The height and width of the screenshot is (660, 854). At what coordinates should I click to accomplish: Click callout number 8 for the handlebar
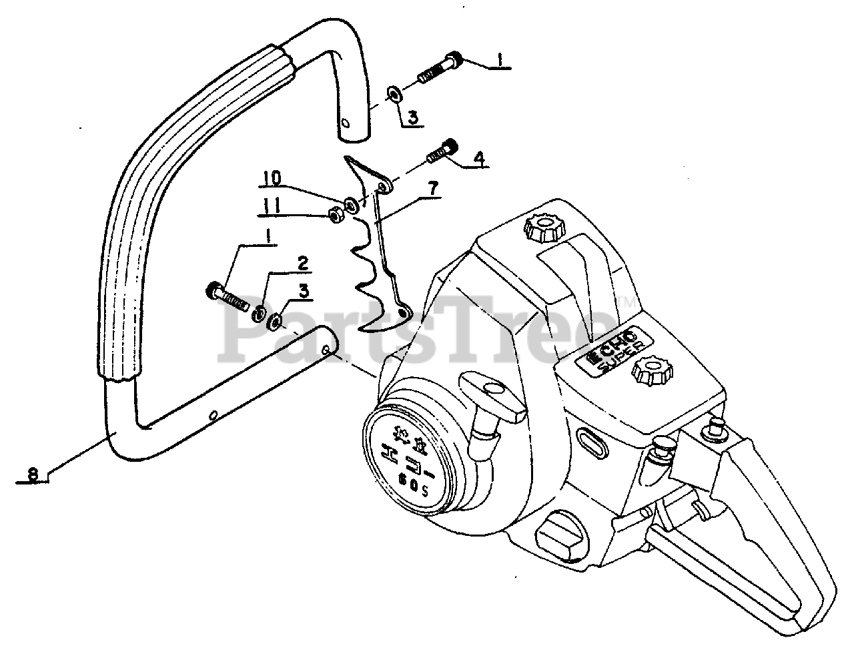coord(33,474)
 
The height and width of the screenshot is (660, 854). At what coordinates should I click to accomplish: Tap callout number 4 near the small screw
coord(478,159)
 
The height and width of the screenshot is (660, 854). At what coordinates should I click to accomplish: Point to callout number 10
coord(272,178)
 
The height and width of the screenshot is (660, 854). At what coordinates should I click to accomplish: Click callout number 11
coord(270,209)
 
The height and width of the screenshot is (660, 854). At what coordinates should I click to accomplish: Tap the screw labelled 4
coord(441,149)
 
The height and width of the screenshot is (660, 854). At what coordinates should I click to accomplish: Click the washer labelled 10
coord(351,200)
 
